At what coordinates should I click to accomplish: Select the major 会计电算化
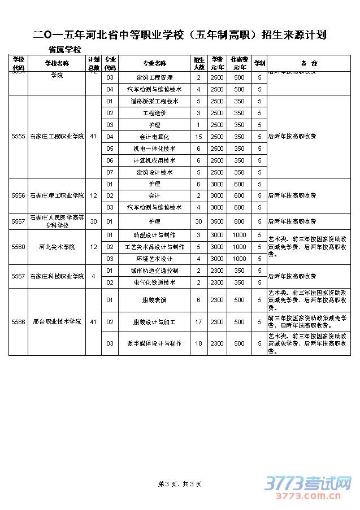click(154, 137)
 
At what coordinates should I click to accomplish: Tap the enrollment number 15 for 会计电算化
click(198, 137)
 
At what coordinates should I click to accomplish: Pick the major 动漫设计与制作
click(154, 235)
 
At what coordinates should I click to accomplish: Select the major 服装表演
click(154, 300)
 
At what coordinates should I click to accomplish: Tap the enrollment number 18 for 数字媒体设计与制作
click(198, 343)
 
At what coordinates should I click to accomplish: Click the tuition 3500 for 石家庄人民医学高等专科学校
click(217, 221)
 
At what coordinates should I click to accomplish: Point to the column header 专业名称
click(154, 63)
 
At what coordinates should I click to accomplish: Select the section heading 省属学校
click(65, 50)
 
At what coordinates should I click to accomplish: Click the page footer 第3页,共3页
click(180, 483)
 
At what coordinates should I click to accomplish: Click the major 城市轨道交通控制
click(154, 271)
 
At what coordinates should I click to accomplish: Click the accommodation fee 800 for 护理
click(239, 221)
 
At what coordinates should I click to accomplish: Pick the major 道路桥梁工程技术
click(154, 101)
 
